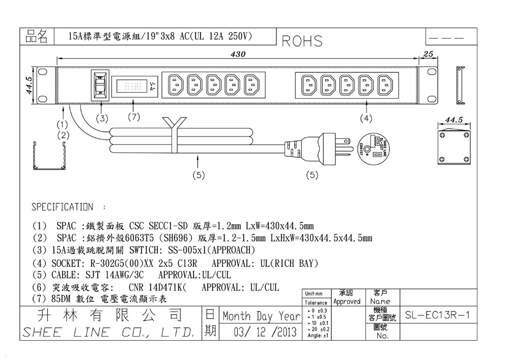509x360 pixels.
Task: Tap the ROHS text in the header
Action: (302, 41)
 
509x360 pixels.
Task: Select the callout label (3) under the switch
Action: (103, 118)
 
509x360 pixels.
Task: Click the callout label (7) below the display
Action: (133, 118)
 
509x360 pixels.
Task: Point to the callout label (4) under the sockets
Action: (366, 118)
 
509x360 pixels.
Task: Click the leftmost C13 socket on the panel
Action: (176, 85)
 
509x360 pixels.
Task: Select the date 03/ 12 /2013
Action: (265, 333)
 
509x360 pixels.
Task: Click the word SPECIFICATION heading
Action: (62, 207)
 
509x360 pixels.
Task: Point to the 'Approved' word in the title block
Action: (347, 301)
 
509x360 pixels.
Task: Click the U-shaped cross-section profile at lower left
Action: (49, 156)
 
